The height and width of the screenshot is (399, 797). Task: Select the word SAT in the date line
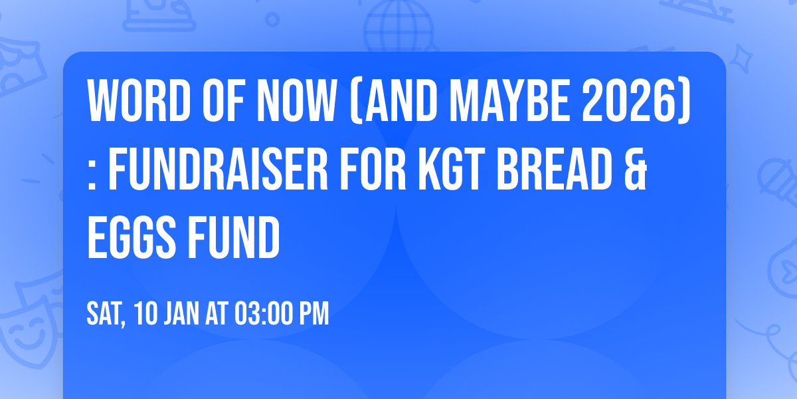coord(106,314)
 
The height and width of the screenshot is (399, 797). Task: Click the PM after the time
coord(315,314)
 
